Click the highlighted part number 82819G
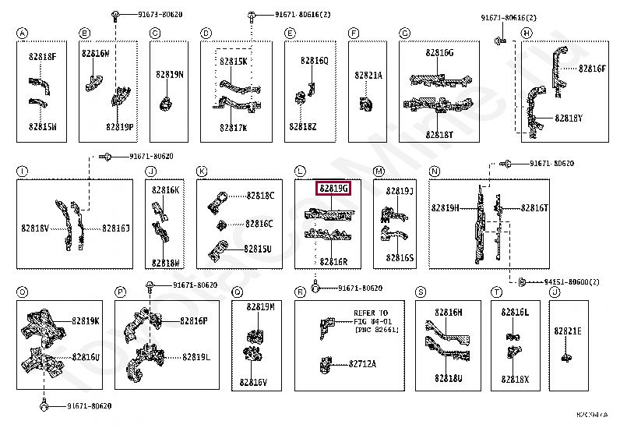[333, 189]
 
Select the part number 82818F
[42, 56]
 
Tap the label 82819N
[169, 75]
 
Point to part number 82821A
[368, 76]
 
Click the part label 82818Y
[569, 118]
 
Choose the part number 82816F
[592, 68]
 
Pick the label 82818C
[261, 196]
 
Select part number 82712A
[362, 363]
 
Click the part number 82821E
[568, 331]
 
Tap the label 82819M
[261, 307]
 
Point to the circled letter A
[22, 33]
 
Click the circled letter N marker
[435, 171]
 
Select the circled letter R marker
[300, 292]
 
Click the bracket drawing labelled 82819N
[165, 102]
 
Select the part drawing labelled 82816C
[221, 225]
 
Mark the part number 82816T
[535, 208]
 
